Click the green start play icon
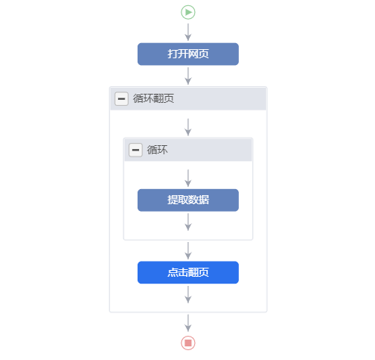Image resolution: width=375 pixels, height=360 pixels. tap(188, 12)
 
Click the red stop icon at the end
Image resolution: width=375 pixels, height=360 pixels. tap(188, 343)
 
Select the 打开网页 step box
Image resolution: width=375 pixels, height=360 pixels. tap(188, 54)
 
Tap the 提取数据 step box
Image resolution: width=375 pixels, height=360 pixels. tap(188, 200)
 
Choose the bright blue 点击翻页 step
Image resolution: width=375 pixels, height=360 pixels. tap(188, 272)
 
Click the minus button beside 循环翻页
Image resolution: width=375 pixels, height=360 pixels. tap(122, 98)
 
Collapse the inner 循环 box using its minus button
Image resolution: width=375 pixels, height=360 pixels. tap(135, 150)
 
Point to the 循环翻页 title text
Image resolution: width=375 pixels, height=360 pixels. tap(153, 98)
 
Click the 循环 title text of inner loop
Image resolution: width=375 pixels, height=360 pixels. tap(157, 150)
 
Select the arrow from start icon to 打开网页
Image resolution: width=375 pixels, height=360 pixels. tap(188, 33)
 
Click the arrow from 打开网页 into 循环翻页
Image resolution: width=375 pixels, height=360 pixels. tap(188, 76)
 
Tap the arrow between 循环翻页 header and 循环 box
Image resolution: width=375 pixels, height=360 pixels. tap(188, 127)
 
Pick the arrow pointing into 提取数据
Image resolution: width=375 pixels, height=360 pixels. tap(188, 178)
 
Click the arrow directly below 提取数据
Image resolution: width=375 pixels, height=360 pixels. tap(188, 222)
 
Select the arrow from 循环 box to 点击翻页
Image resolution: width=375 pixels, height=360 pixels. tap(188, 250)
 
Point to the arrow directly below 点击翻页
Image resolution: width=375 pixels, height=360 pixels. tap(188, 294)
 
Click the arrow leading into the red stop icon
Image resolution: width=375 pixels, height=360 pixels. tap(188, 323)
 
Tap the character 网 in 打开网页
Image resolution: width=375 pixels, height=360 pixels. tap(194, 54)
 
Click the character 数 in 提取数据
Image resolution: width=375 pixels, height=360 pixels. tap(194, 200)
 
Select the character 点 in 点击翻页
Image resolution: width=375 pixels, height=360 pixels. tap(172, 272)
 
